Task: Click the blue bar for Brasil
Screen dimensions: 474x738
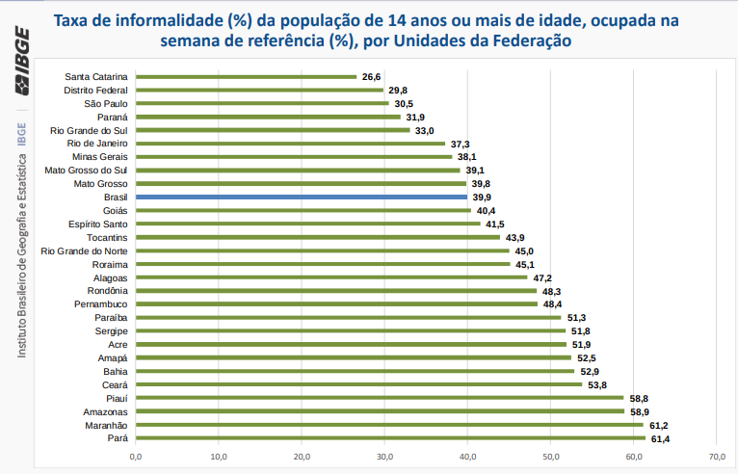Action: click(302, 197)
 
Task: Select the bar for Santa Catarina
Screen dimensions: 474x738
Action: click(246, 76)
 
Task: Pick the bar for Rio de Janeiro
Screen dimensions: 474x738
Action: click(290, 144)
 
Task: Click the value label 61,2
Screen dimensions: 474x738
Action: click(659, 425)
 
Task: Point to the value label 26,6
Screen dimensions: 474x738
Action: click(372, 76)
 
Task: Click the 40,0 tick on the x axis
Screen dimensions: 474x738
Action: click(468, 456)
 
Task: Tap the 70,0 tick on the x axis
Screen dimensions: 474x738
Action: click(717, 456)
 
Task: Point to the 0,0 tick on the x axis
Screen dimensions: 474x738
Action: click(136, 456)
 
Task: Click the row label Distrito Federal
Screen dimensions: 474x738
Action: click(95, 90)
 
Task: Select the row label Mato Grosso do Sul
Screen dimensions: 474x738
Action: click(86, 170)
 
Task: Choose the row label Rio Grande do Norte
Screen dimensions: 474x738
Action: click(84, 250)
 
